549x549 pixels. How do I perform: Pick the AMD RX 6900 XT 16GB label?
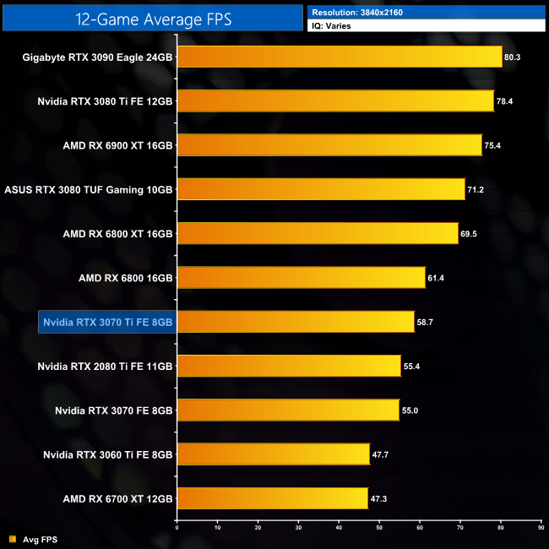click(117, 145)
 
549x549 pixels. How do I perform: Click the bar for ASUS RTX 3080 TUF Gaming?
click(321, 189)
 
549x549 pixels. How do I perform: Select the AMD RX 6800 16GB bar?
click(301, 277)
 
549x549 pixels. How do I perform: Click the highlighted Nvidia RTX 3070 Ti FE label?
click(107, 322)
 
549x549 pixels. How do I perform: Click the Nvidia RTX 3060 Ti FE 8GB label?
click(108, 454)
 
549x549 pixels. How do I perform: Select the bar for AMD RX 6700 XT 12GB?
click(272, 498)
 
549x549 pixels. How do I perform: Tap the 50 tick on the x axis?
click(379, 529)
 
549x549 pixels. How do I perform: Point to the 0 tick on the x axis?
click(177, 529)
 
